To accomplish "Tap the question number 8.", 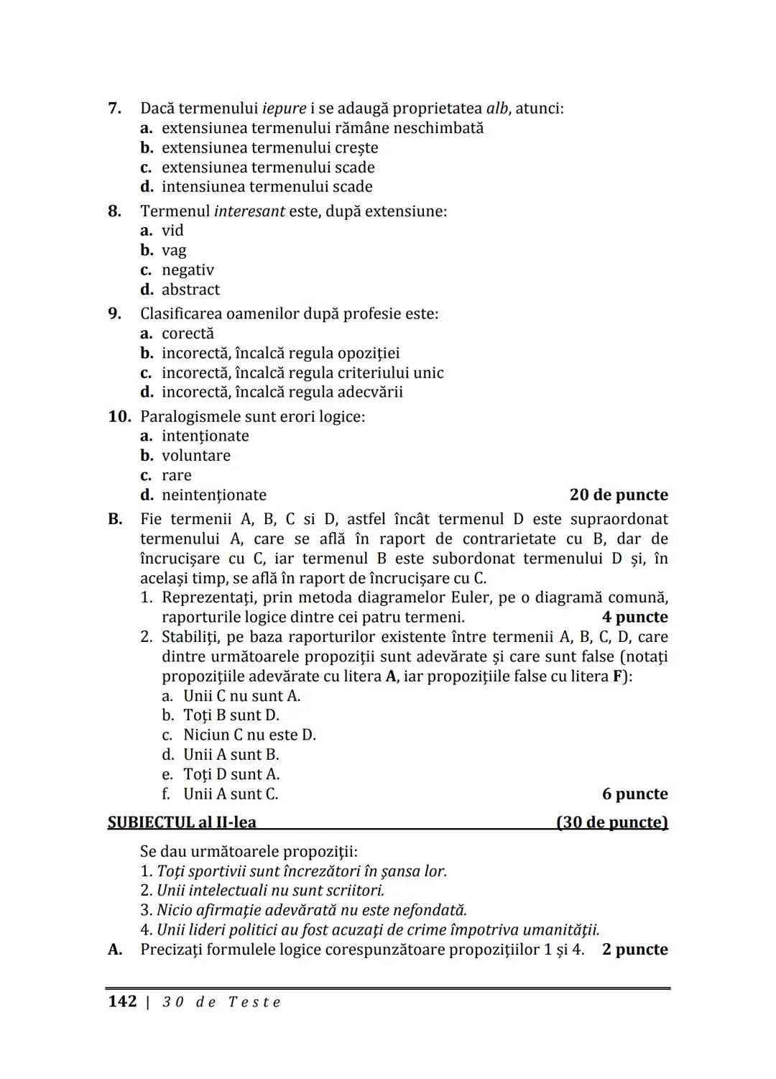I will coord(114,211).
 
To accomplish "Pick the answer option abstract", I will coord(190,290).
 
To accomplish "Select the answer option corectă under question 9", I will coord(188,334).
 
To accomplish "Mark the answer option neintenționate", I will coord(213,495).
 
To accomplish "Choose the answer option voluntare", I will coord(195,456).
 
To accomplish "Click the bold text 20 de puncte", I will coord(618,495).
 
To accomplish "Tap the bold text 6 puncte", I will coord(634,794).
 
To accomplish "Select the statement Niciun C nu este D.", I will coord(249,735).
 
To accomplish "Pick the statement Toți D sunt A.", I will coord(231,774).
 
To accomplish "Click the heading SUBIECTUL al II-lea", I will coord(182,822).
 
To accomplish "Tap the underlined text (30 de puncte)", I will coord(612,822).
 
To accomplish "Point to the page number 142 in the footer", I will coord(122,1001).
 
